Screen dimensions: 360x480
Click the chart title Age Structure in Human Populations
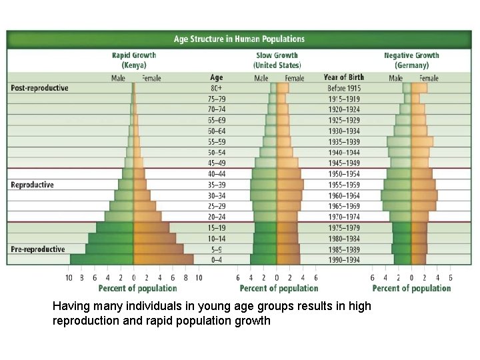click(x=239, y=39)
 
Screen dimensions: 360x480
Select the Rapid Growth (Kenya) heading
click(x=133, y=60)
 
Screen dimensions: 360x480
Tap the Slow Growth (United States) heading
click(x=277, y=60)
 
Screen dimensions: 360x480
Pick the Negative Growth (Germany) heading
click(x=411, y=60)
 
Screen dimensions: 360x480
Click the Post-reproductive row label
click(x=39, y=88)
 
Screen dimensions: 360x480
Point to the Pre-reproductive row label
click(x=37, y=249)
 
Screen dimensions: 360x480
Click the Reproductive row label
click(x=32, y=185)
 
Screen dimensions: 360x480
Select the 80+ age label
click(x=217, y=88)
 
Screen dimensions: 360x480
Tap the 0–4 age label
click(x=217, y=260)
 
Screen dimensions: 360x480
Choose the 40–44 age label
click(x=217, y=174)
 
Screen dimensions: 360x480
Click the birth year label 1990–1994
click(x=343, y=260)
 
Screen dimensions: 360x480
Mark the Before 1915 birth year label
click(x=343, y=88)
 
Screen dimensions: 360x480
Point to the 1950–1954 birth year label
click(x=343, y=174)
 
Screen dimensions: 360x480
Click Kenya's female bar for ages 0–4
click(x=163, y=259)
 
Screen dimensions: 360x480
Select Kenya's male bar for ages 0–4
click(x=102, y=259)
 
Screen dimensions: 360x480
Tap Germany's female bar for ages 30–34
click(x=425, y=195)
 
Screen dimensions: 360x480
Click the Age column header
click(x=217, y=77)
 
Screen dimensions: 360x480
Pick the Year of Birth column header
click(x=343, y=77)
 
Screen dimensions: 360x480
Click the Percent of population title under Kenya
click(x=137, y=289)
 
